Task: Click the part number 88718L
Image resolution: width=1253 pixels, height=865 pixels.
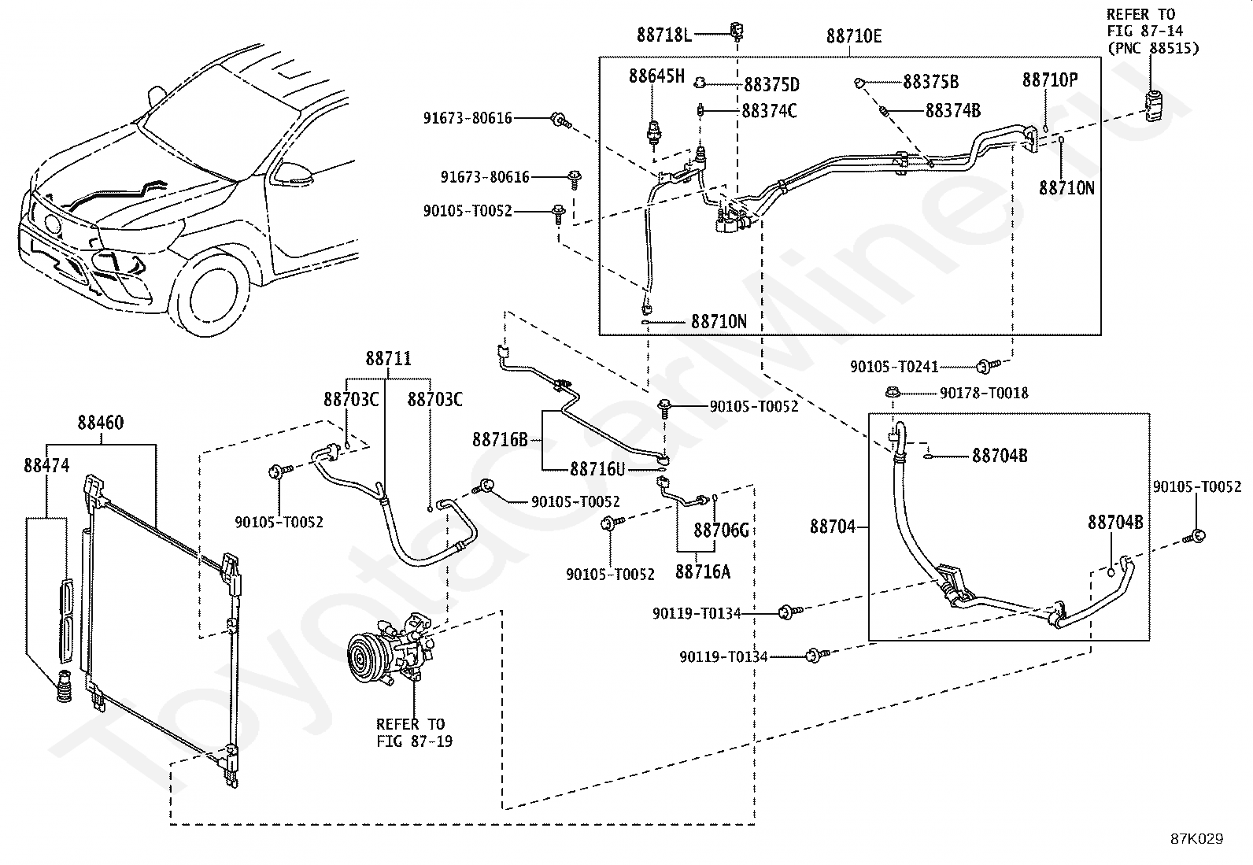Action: tap(664, 35)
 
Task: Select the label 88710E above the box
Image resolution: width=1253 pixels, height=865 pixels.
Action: tap(854, 36)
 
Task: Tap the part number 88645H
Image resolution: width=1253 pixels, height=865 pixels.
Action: tap(656, 76)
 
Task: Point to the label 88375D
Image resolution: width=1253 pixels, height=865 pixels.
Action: tap(772, 84)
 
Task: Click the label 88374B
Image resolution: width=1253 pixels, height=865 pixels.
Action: tap(953, 111)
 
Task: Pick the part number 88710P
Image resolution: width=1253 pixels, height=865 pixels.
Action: tap(1050, 80)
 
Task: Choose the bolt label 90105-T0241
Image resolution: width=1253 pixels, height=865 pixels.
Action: tap(894, 367)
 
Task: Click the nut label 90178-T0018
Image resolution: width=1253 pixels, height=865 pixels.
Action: tap(984, 394)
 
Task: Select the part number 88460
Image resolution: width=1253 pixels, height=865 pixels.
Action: tap(101, 423)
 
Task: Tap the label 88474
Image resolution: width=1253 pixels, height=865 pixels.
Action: tap(46, 465)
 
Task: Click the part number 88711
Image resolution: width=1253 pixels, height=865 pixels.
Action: tap(388, 358)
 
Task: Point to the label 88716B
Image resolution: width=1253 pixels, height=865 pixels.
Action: tap(500, 440)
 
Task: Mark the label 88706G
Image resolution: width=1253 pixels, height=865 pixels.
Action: tap(722, 530)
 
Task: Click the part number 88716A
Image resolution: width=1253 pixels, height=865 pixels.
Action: tap(703, 571)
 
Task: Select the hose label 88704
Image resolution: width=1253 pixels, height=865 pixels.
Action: tap(833, 527)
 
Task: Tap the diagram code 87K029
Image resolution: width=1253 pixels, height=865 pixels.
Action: tap(1197, 839)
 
